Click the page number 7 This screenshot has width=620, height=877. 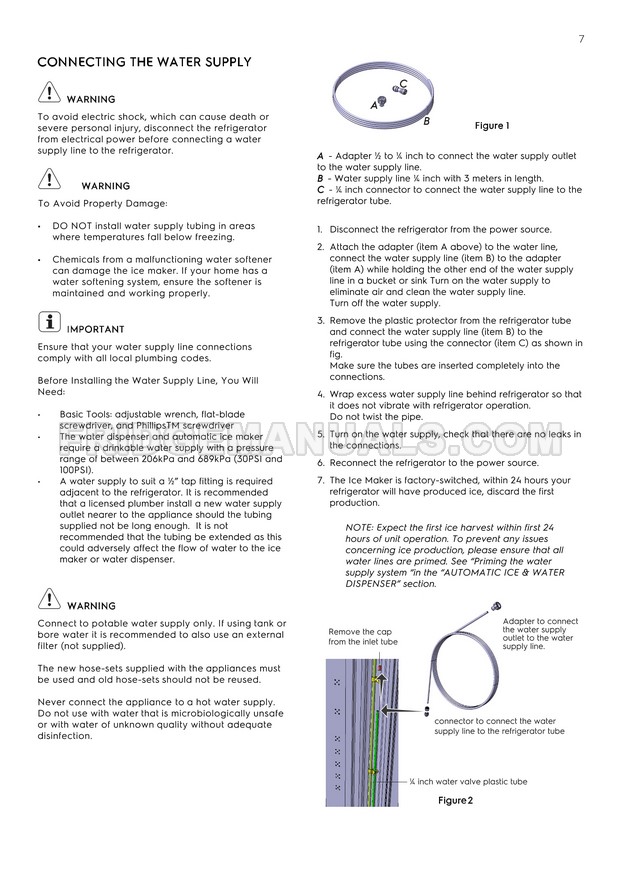click(581, 40)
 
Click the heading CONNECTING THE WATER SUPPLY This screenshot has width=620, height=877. click(144, 62)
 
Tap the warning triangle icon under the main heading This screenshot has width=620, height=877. click(48, 96)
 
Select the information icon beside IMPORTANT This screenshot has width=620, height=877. click(47, 324)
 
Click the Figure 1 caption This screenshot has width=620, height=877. click(491, 126)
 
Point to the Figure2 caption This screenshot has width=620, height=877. click(455, 800)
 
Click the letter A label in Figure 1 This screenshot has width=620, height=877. click(374, 104)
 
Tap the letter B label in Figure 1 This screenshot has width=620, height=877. click(426, 121)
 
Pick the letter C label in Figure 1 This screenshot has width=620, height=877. click(403, 83)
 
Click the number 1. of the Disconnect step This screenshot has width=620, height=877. click(320, 229)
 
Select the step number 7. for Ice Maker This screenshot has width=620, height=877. click(320, 480)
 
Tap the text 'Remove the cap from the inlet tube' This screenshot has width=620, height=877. click(363, 637)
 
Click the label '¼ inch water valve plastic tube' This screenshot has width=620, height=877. click(467, 781)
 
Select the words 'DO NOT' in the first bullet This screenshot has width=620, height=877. click(73, 226)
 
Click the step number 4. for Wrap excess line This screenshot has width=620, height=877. click(320, 394)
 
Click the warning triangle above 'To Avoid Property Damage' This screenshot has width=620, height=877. click(48, 181)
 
